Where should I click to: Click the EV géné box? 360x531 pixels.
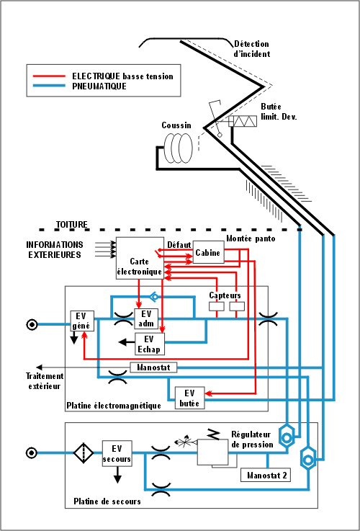coord(82,321)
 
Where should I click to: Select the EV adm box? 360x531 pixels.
coord(146,318)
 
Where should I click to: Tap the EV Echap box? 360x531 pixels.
coord(150,344)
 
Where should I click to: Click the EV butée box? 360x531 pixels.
coord(189,398)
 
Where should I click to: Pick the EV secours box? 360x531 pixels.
coord(117,453)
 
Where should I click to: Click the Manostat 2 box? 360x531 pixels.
coord(266,475)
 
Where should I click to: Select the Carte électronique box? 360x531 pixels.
coord(140,258)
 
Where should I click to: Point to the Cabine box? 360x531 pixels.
coord(208,252)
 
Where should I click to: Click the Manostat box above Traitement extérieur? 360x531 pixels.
coord(153,367)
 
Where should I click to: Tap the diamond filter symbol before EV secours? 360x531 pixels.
coord(84,452)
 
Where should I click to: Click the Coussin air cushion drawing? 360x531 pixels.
coord(178,148)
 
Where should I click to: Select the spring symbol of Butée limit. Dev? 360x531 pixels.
coord(243,121)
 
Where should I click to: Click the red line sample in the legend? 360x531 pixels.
coord(48,76)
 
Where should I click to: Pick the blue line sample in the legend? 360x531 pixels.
coord(48,86)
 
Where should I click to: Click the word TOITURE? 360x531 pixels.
coord(72,224)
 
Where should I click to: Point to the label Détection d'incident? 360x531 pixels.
coord(252,49)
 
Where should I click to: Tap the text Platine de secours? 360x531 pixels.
coord(107,501)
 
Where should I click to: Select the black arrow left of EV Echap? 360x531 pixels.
coord(127,342)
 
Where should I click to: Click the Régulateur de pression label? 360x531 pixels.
coord(252,439)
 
